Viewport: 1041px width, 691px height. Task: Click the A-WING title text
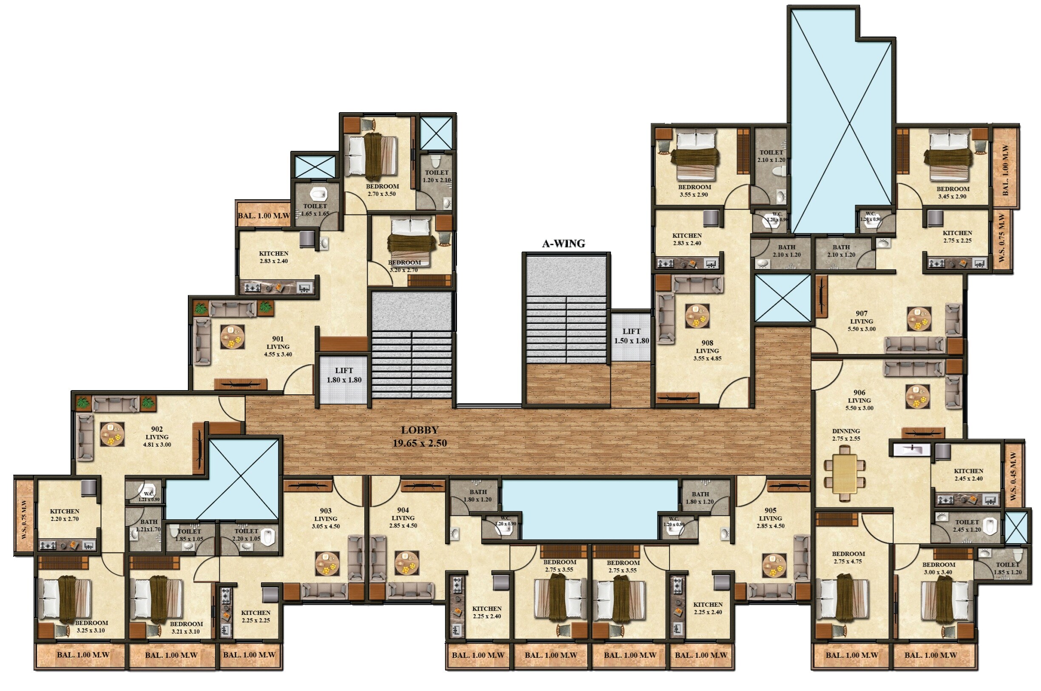point(563,244)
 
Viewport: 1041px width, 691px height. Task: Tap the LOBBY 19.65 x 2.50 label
point(420,436)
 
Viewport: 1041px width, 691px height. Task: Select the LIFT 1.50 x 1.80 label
point(631,336)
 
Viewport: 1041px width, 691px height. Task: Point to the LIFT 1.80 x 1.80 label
point(344,375)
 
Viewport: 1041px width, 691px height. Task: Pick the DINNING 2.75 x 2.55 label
point(846,434)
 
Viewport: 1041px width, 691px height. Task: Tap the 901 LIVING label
point(278,346)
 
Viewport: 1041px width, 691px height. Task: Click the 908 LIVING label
point(707,350)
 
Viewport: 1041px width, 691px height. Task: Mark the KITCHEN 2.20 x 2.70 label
point(64,515)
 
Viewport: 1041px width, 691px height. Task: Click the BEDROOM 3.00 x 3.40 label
point(938,568)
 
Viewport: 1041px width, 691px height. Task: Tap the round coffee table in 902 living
point(112,434)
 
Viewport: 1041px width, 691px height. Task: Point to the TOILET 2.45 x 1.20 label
point(967,526)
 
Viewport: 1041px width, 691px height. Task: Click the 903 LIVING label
point(326,518)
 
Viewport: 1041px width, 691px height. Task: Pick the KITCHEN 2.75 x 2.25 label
point(957,237)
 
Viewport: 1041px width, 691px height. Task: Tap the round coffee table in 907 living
point(919,319)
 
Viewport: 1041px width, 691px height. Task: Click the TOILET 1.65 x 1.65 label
point(315,210)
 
